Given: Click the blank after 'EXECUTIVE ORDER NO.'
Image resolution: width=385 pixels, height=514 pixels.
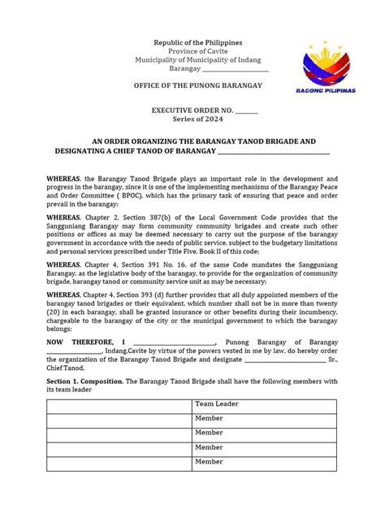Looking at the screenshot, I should [x=247, y=107].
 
